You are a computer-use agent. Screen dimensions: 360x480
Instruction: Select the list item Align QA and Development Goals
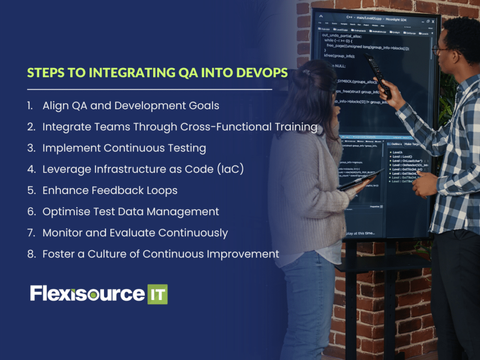tap(131, 105)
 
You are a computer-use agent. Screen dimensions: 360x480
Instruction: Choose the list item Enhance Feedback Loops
tap(110, 190)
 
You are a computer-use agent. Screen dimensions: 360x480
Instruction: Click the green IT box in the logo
tap(157, 294)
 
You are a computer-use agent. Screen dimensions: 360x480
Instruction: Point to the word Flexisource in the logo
tap(87, 293)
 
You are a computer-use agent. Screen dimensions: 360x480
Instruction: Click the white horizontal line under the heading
tap(150, 89)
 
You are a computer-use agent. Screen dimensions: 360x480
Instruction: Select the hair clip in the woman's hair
tap(306, 73)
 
